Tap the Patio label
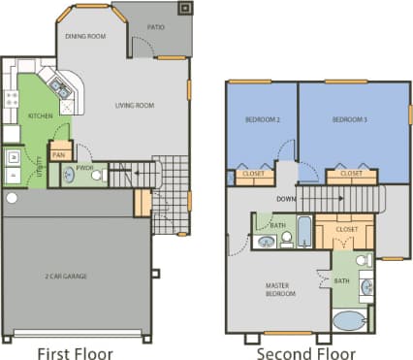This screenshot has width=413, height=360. (x=155, y=27)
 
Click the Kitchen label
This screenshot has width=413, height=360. (x=40, y=115)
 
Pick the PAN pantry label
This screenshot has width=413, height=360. (x=58, y=154)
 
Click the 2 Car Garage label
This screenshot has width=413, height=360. (x=66, y=277)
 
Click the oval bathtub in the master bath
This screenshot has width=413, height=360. (x=349, y=322)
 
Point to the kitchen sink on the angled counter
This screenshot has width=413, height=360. (x=59, y=90)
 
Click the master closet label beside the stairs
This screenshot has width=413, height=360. (x=346, y=230)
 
